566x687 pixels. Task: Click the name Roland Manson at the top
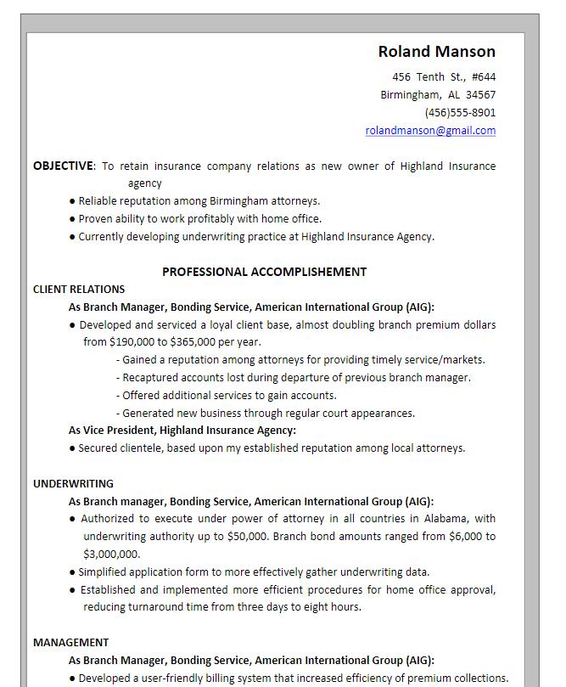pyautogui.click(x=436, y=52)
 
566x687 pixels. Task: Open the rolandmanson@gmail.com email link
pyautogui.click(x=430, y=131)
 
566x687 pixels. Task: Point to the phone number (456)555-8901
pyautogui.click(x=460, y=113)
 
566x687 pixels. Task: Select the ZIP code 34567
pyautogui.click(x=480, y=95)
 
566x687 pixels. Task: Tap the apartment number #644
pyautogui.click(x=484, y=77)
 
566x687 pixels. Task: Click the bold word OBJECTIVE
pyautogui.click(x=63, y=166)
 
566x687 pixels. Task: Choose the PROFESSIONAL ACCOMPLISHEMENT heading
pyautogui.click(x=264, y=272)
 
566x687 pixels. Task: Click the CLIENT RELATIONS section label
pyautogui.click(x=79, y=290)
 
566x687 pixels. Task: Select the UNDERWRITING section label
pyautogui.click(x=73, y=484)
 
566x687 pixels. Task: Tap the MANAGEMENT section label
pyautogui.click(x=70, y=643)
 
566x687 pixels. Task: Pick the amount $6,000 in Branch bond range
pyautogui.click(x=467, y=537)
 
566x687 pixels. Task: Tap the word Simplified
pyautogui.click(x=105, y=572)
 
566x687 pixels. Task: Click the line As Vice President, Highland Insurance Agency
pyautogui.click(x=182, y=431)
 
